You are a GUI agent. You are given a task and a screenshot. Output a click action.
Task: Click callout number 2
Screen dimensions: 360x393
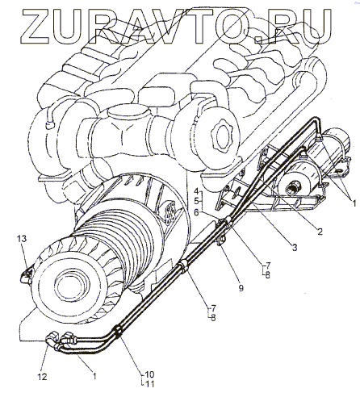pyautogui.click(x=320, y=232)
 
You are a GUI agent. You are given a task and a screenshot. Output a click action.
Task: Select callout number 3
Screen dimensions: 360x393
pyautogui.click(x=295, y=248)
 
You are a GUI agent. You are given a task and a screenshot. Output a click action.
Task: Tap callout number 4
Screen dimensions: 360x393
pyautogui.click(x=196, y=191)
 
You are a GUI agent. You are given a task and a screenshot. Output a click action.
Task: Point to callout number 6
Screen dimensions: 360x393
pyautogui.click(x=196, y=212)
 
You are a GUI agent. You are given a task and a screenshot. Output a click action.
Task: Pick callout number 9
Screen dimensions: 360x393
pyautogui.click(x=241, y=288)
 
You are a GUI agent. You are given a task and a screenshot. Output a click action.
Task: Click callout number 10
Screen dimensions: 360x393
pyautogui.click(x=149, y=374)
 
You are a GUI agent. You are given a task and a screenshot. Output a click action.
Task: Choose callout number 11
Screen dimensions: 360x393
pyautogui.click(x=149, y=384)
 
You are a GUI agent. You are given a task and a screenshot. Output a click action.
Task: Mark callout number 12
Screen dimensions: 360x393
pyautogui.click(x=42, y=377)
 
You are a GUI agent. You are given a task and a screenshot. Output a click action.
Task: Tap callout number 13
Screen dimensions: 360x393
pyautogui.click(x=22, y=238)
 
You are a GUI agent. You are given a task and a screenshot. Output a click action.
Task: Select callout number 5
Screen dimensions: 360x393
pyautogui.click(x=196, y=201)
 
